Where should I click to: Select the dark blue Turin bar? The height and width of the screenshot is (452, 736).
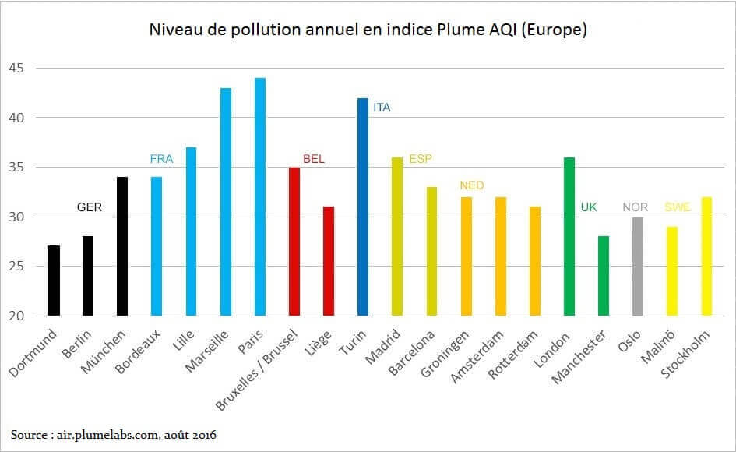(362, 207)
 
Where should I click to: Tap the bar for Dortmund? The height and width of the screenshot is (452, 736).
(53, 281)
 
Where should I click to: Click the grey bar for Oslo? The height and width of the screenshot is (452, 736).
(637, 266)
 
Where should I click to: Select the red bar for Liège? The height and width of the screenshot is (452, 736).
(328, 261)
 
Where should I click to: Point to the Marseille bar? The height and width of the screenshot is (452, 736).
(225, 202)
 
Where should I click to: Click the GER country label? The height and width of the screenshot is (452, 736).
(89, 207)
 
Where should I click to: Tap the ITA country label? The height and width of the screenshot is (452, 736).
(382, 108)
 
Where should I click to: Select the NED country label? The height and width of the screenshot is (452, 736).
(472, 185)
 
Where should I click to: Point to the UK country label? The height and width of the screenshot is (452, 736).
(589, 207)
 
